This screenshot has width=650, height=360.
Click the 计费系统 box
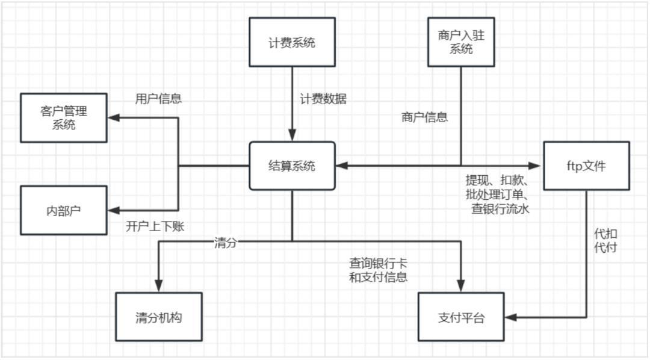click(x=292, y=42)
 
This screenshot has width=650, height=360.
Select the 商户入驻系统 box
click(x=462, y=42)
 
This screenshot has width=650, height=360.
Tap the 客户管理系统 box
click(x=63, y=118)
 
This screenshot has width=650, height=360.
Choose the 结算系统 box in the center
click(x=292, y=166)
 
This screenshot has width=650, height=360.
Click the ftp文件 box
click(x=586, y=166)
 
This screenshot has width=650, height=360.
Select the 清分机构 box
click(x=158, y=317)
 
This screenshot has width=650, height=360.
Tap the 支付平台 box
click(x=461, y=317)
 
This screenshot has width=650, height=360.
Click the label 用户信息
click(x=158, y=99)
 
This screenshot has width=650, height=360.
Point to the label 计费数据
click(x=323, y=99)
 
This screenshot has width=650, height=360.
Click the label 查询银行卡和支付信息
click(x=379, y=270)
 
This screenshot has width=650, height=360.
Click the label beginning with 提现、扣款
click(x=497, y=194)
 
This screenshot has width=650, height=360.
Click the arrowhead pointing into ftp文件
click(x=537, y=166)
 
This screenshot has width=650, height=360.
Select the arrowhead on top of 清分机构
click(x=158, y=287)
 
